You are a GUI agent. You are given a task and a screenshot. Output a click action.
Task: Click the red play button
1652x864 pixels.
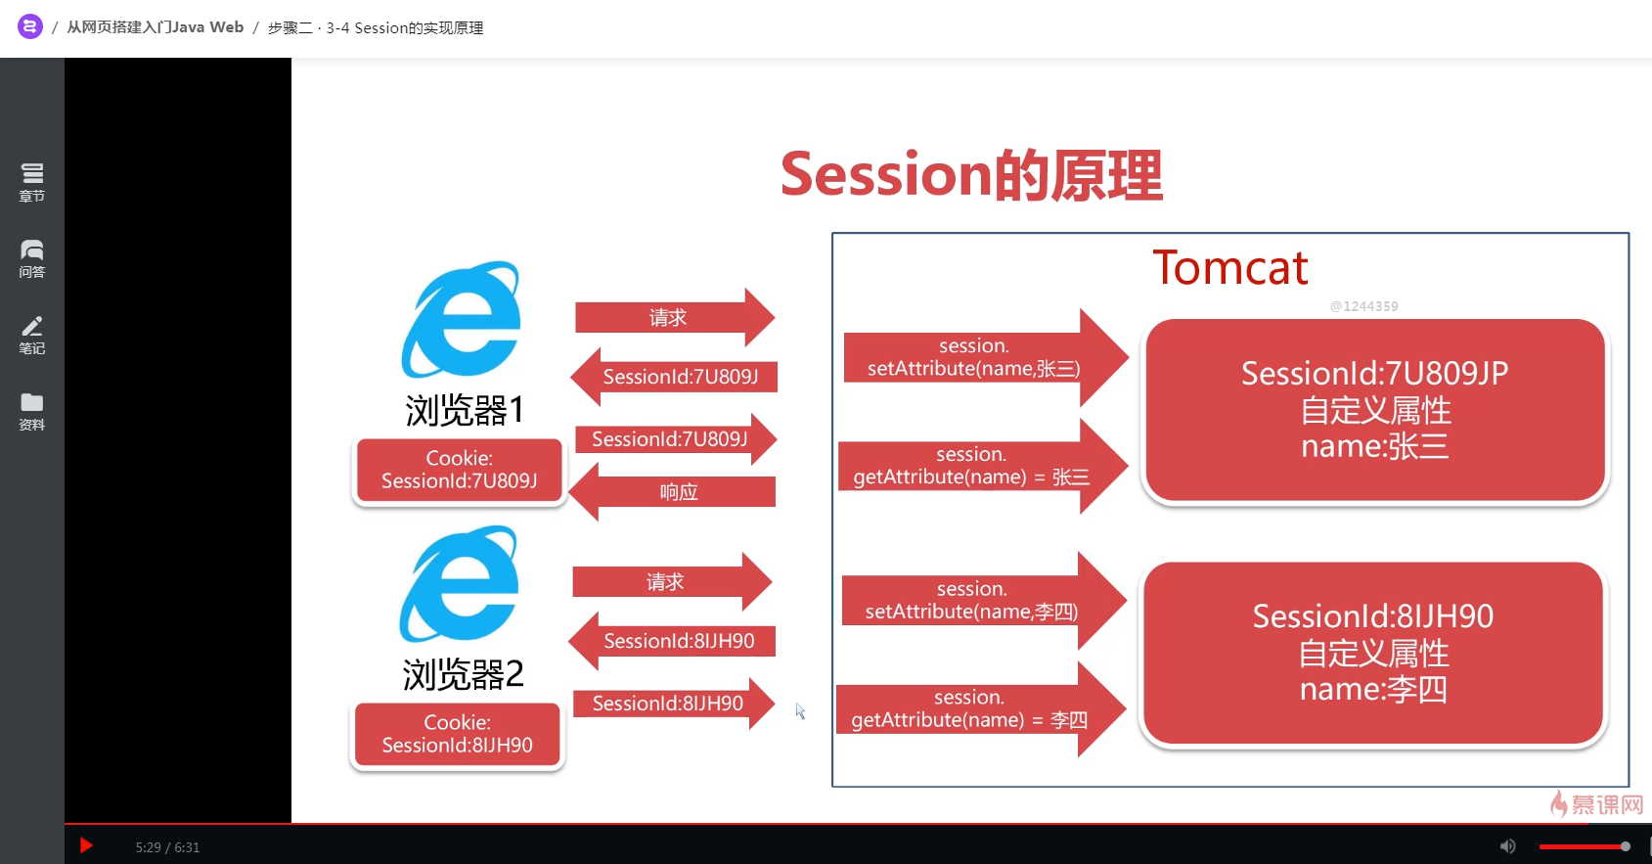(86, 845)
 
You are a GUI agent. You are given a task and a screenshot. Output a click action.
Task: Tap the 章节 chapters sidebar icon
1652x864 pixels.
(31, 181)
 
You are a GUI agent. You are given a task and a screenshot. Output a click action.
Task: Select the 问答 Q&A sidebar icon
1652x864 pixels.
(31, 258)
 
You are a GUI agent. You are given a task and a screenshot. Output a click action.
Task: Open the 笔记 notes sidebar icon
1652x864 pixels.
(31, 335)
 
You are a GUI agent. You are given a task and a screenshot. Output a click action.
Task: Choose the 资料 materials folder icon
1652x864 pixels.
(31, 411)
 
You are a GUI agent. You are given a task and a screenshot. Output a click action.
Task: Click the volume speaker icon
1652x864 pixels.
(1507, 846)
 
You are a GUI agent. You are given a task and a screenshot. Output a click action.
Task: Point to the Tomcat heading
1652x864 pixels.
(1230, 267)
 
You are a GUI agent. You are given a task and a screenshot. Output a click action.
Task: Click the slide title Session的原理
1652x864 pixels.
(971, 175)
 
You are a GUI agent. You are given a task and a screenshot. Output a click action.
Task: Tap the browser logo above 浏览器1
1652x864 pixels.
(462, 320)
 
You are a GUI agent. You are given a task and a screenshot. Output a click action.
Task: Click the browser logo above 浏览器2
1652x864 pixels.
(460, 583)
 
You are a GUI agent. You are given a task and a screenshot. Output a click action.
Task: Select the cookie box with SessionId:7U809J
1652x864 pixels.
(460, 470)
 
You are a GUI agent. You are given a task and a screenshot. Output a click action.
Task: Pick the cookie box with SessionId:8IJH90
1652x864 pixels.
(457, 734)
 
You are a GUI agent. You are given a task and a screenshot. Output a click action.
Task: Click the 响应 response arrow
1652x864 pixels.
(673, 492)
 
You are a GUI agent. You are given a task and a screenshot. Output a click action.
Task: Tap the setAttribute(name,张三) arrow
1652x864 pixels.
(986, 358)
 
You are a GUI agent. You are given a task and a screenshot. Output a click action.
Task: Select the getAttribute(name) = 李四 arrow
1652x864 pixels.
(982, 709)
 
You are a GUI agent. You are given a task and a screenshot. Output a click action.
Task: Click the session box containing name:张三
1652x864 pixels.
(1374, 410)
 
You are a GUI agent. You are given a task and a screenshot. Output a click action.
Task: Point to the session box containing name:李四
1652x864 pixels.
(1372, 653)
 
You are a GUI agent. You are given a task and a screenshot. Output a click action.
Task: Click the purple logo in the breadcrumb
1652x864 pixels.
(30, 27)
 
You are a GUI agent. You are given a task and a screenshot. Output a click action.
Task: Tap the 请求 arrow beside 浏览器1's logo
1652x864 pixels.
(675, 317)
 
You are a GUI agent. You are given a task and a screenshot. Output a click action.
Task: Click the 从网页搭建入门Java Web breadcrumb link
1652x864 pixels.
(155, 27)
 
